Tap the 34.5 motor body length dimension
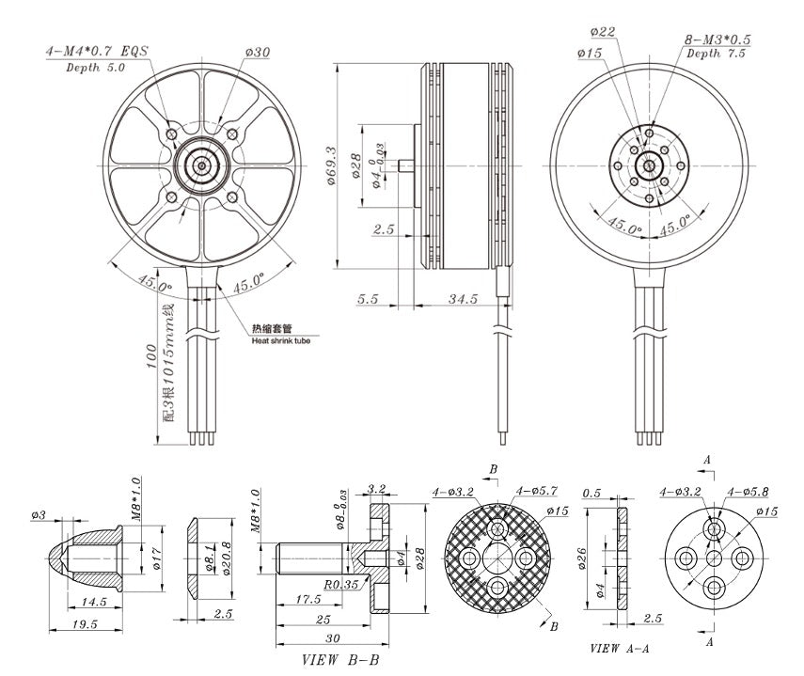(x=464, y=298)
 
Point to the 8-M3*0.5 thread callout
(x=719, y=39)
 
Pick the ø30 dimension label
(x=256, y=53)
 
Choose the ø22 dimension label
(x=606, y=33)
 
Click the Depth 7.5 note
(x=716, y=55)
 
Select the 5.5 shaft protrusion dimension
(x=368, y=298)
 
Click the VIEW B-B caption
(x=340, y=660)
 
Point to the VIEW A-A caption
(x=620, y=649)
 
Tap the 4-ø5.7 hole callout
(x=537, y=491)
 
